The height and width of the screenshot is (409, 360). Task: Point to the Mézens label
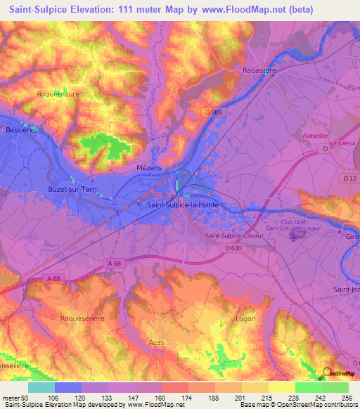point(149,169)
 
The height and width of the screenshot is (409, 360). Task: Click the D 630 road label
point(235,249)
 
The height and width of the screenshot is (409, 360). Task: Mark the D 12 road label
point(349,178)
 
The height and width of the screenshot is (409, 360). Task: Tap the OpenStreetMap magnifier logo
point(328,374)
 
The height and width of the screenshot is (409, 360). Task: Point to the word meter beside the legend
point(10,398)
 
